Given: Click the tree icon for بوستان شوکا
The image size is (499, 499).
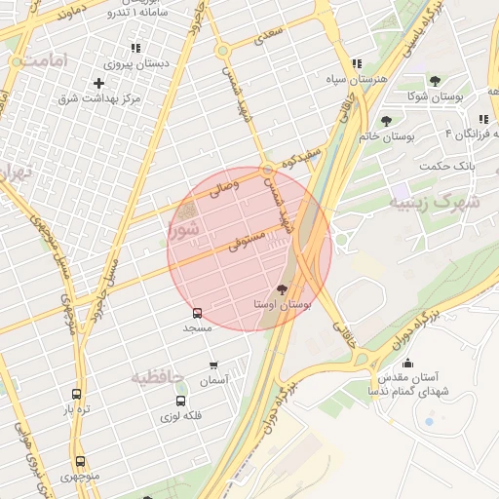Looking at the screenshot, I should [x=435, y=81].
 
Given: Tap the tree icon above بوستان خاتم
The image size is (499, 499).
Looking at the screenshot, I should [x=387, y=121].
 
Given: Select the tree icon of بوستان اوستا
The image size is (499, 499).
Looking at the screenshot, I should [x=283, y=288].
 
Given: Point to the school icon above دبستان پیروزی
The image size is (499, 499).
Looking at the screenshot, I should [x=134, y=48].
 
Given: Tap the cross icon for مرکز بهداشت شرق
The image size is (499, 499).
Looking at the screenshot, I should [x=98, y=84].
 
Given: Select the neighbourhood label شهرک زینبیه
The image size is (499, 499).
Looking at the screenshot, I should [x=435, y=203].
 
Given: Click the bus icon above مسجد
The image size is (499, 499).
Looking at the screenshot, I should [x=198, y=313].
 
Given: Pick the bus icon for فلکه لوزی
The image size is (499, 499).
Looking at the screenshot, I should [x=180, y=401].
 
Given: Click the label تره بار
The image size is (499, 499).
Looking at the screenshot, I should [x=76, y=410].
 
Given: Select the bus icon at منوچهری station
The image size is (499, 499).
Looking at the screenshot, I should [x=80, y=462].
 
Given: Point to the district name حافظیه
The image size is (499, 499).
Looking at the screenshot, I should [x=158, y=376].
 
